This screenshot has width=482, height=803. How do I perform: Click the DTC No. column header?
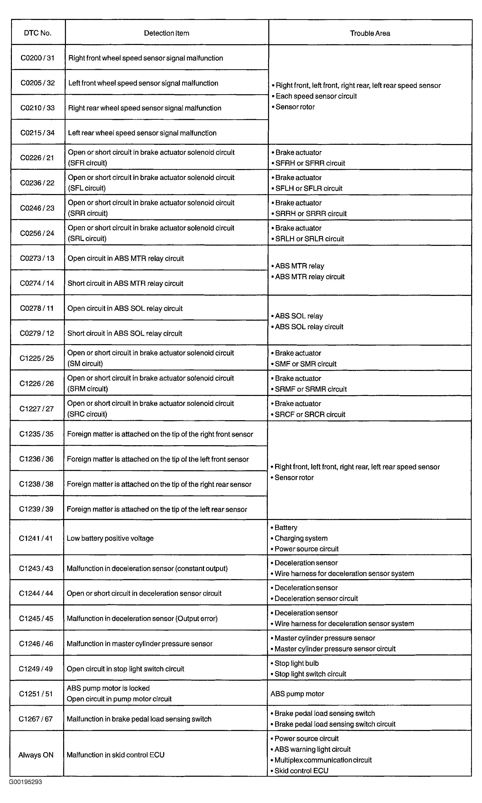pyautogui.click(x=38, y=33)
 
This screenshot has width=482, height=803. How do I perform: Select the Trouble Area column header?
pyautogui.click(x=370, y=33)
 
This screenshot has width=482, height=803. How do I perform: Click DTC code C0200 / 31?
pyautogui.click(x=37, y=58)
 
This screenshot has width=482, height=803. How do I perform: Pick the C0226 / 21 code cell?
pyautogui.click(x=37, y=158)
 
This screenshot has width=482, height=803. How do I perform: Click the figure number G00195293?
pyautogui.click(x=26, y=782)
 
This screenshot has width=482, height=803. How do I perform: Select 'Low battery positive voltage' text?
pyautogui.click(x=110, y=538)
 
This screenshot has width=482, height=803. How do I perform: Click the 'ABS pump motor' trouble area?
pyautogui.click(x=297, y=694)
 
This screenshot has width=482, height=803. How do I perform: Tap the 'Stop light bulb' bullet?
pyautogui.click(x=297, y=663)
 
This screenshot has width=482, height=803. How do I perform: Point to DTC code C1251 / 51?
pyautogui.click(x=36, y=694)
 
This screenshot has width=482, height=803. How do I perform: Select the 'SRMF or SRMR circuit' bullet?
pyautogui.click(x=310, y=389)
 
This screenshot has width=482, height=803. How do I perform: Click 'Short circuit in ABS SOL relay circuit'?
pyautogui.click(x=125, y=334)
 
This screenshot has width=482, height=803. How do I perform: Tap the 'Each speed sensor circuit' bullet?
pyautogui.click(x=316, y=96)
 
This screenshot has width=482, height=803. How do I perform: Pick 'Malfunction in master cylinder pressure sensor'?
pyautogui.click(x=139, y=644)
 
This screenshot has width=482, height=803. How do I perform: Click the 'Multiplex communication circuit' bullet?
pyautogui.click(x=323, y=760)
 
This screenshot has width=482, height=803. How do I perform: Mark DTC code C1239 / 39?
pyautogui.click(x=36, y=509)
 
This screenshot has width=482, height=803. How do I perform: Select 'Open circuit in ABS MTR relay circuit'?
pyautogui.click(x=126, y=258)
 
